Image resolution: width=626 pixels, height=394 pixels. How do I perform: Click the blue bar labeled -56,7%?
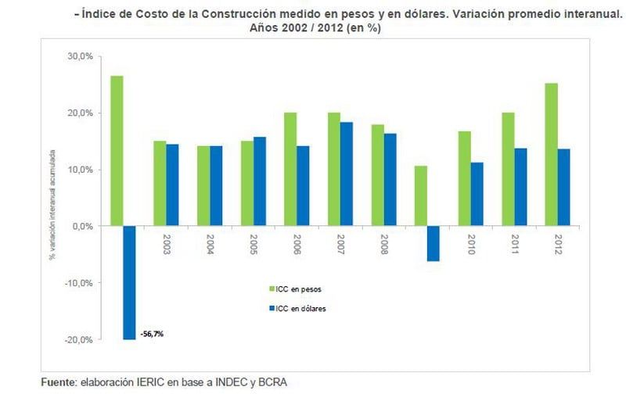(129, 282)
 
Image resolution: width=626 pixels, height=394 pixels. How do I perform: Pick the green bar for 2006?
(290, 169)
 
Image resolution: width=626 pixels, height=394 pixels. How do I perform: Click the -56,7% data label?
(152, 334)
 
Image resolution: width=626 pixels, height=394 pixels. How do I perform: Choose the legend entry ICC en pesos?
(300, 288)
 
